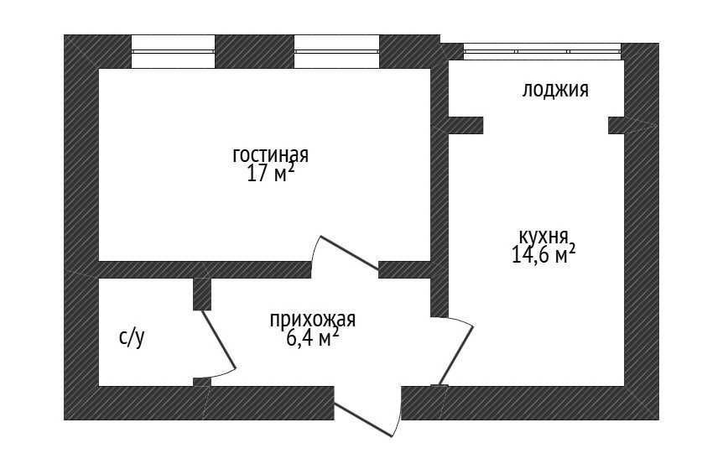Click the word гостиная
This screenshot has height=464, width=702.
pyautogui.click(x=270, y=155)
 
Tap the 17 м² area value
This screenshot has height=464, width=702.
pyautogui.click(x=270, y=173)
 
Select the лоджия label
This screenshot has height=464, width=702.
pyautogui.click(x=555, y=91)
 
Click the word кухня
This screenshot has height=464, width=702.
pyautogui.click(x=543, y=236)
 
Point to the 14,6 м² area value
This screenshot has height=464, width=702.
pyautogui.click(x=543, y=254)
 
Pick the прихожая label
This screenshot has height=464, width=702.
pyautogui.click(x=313, y=321)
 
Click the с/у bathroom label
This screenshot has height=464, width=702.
pyautogui.click(x=132, y=338)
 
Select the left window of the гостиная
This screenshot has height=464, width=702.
pyautogui.click(x=174, y=51)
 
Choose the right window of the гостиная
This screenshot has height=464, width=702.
pyautogui.click(x=336, y=51)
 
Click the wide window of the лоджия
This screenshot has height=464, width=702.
pyautogui.click(x=542, y=51)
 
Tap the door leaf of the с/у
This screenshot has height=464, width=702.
pyautogui.click(x=219, y=339)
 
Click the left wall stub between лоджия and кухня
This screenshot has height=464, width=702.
pyautogui.click(x=465, y=125)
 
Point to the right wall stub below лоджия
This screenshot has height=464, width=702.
pyautogui.click(x=616, y=125)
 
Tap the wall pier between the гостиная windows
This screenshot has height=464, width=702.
pyautogui.click(x=255, y=51)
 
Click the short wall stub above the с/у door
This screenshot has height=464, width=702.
pyautogui.click(x=202, y=295)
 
